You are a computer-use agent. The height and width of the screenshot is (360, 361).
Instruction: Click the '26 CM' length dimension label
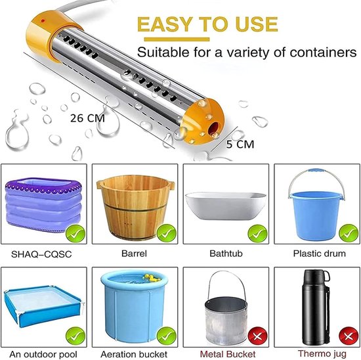click(87, 118)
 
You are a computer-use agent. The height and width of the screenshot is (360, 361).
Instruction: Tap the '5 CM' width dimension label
click(240, 145)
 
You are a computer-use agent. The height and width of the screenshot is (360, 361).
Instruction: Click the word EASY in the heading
click(165, 24)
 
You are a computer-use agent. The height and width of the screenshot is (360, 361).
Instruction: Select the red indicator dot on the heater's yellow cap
click(43, 21)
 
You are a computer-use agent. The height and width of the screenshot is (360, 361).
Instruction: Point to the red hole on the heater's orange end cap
click(214, 129)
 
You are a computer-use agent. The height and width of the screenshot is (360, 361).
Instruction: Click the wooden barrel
click(135, 207)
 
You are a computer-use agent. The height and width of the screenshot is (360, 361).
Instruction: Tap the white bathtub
click(226, 206)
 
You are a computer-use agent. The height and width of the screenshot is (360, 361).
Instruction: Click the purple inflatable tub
click(43, 204)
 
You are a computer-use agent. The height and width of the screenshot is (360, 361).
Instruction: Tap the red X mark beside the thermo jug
click(349, 337)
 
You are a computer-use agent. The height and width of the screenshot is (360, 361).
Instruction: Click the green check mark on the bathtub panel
click(258, 234)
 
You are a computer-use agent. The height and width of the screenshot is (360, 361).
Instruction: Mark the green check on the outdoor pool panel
click(75, 336)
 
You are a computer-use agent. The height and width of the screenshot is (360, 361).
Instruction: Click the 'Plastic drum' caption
click(320, 254)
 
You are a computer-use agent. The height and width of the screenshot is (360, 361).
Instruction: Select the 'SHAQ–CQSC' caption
click(41, 254)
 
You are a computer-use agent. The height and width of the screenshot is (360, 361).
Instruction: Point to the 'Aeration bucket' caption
click(134, 354)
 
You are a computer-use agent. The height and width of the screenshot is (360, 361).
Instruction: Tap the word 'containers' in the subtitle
click(323, 53)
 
